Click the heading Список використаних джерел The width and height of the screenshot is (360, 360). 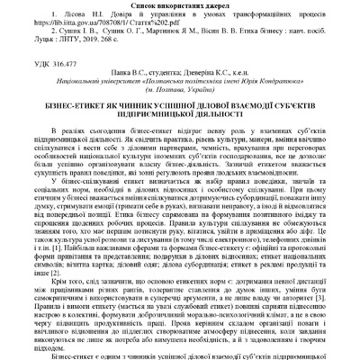180,5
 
